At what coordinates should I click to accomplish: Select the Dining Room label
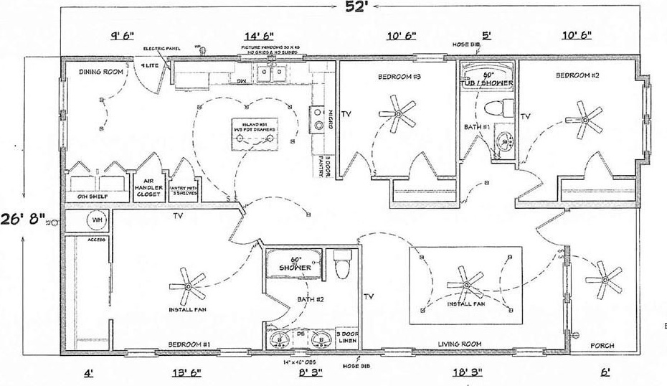click(98, 71)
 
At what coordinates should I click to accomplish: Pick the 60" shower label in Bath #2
click(295, 263)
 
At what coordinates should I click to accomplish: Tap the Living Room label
click(459, 344)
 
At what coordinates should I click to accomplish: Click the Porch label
click(602, 346)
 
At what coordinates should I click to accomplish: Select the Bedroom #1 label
click(189, 345)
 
